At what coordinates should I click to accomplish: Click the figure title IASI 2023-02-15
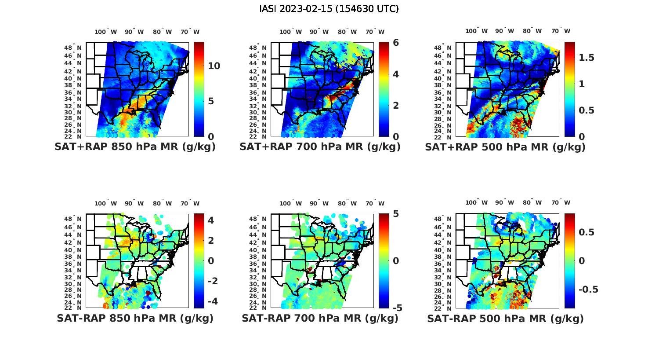point(329,9)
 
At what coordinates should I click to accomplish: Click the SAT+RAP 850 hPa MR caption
point(135,147)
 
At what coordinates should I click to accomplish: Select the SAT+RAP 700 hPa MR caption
point(320,147)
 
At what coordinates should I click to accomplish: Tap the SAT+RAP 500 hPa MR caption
point(505,147)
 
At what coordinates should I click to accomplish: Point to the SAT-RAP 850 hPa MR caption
point(135,318)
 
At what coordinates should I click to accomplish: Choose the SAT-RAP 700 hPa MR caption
point(320,318)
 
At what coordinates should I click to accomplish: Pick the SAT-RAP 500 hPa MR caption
point(505,319)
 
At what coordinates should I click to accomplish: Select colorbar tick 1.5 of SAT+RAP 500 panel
point(587,58)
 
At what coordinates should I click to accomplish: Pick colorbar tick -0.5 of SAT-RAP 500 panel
point(588,289)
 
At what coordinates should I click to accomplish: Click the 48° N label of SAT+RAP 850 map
point(73,48)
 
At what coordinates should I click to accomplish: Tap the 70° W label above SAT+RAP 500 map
point(561,31)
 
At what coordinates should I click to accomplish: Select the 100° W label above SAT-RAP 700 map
point(290,203)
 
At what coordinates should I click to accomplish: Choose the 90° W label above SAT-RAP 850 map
point(134,203)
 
